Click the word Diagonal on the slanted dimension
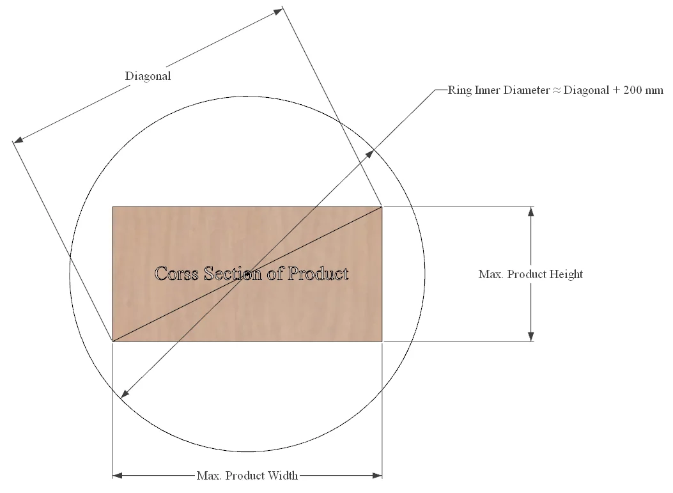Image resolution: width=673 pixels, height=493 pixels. (148, 76)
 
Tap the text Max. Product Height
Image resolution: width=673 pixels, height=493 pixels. (530, 274)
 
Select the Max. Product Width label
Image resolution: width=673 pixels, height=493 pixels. (247, 476)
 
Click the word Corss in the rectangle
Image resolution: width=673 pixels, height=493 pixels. (177, 274)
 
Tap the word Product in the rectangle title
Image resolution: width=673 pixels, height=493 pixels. (318, 274)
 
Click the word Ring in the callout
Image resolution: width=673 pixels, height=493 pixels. (444, 90)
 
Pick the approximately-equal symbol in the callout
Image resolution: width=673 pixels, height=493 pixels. (556, 90)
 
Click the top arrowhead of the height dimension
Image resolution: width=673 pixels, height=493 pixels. (530, 212)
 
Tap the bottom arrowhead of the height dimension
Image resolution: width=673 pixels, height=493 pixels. (530, 336)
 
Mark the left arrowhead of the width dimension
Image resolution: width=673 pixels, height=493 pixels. (118, 476)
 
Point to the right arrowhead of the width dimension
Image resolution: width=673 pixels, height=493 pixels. (377, 476)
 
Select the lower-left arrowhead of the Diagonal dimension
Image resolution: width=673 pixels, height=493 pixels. (18, 139)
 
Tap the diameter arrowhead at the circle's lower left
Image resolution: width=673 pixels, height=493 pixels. (125, 395)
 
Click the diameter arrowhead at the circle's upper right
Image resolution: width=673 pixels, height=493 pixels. (369, 153)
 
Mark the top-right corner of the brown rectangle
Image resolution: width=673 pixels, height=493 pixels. (382, 207)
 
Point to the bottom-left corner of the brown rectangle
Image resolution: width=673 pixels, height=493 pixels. (113, 341)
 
